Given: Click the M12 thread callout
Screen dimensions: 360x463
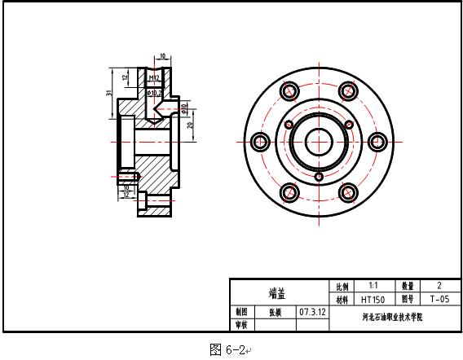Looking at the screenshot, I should click(x=152, y=78).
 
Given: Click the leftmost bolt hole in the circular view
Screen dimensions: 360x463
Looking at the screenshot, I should click(x=261, y=142).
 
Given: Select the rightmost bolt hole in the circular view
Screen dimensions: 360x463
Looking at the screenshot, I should click(x=377, y=142).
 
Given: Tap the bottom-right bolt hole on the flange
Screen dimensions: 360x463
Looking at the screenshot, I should click(x=348, y=192).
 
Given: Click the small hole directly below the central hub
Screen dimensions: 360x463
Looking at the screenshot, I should click(x=319, y=175).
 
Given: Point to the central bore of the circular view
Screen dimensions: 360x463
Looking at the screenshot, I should click(x=319, y=142).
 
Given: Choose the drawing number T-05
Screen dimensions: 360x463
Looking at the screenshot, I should click(x=439, y=299).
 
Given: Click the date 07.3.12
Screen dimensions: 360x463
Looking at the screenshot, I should click(x=312, y=312).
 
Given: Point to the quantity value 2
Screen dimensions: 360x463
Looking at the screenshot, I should click(x=439, y=287).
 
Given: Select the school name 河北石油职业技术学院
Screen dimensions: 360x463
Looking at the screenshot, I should click(x=392, y=318).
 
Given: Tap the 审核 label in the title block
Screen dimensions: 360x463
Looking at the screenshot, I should click(x=241, y=324).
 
